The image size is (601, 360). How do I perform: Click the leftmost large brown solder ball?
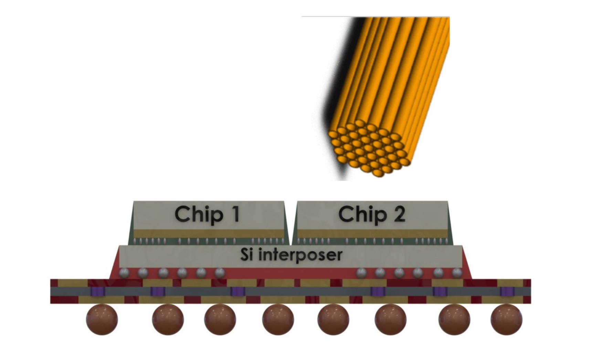click(x=102, y=319)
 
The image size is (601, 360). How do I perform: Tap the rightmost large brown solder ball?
click(x=506, y=320)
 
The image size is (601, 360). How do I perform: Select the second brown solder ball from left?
click(x=168, y=320)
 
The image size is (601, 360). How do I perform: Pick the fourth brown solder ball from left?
click(x=278, y=320)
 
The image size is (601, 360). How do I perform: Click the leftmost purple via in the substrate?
click(x=97, y=292)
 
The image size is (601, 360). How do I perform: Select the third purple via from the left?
click(x=238, y=292)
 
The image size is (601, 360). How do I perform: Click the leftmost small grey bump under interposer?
click(x=124, y=273)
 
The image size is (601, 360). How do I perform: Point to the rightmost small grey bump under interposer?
click(x=457, y=273)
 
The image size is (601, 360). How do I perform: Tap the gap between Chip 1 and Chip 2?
click(x=291, y=220)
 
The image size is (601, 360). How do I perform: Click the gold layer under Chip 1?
click(x=209, y=233)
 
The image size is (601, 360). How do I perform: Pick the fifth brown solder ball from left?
click(x=333, y=320)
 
